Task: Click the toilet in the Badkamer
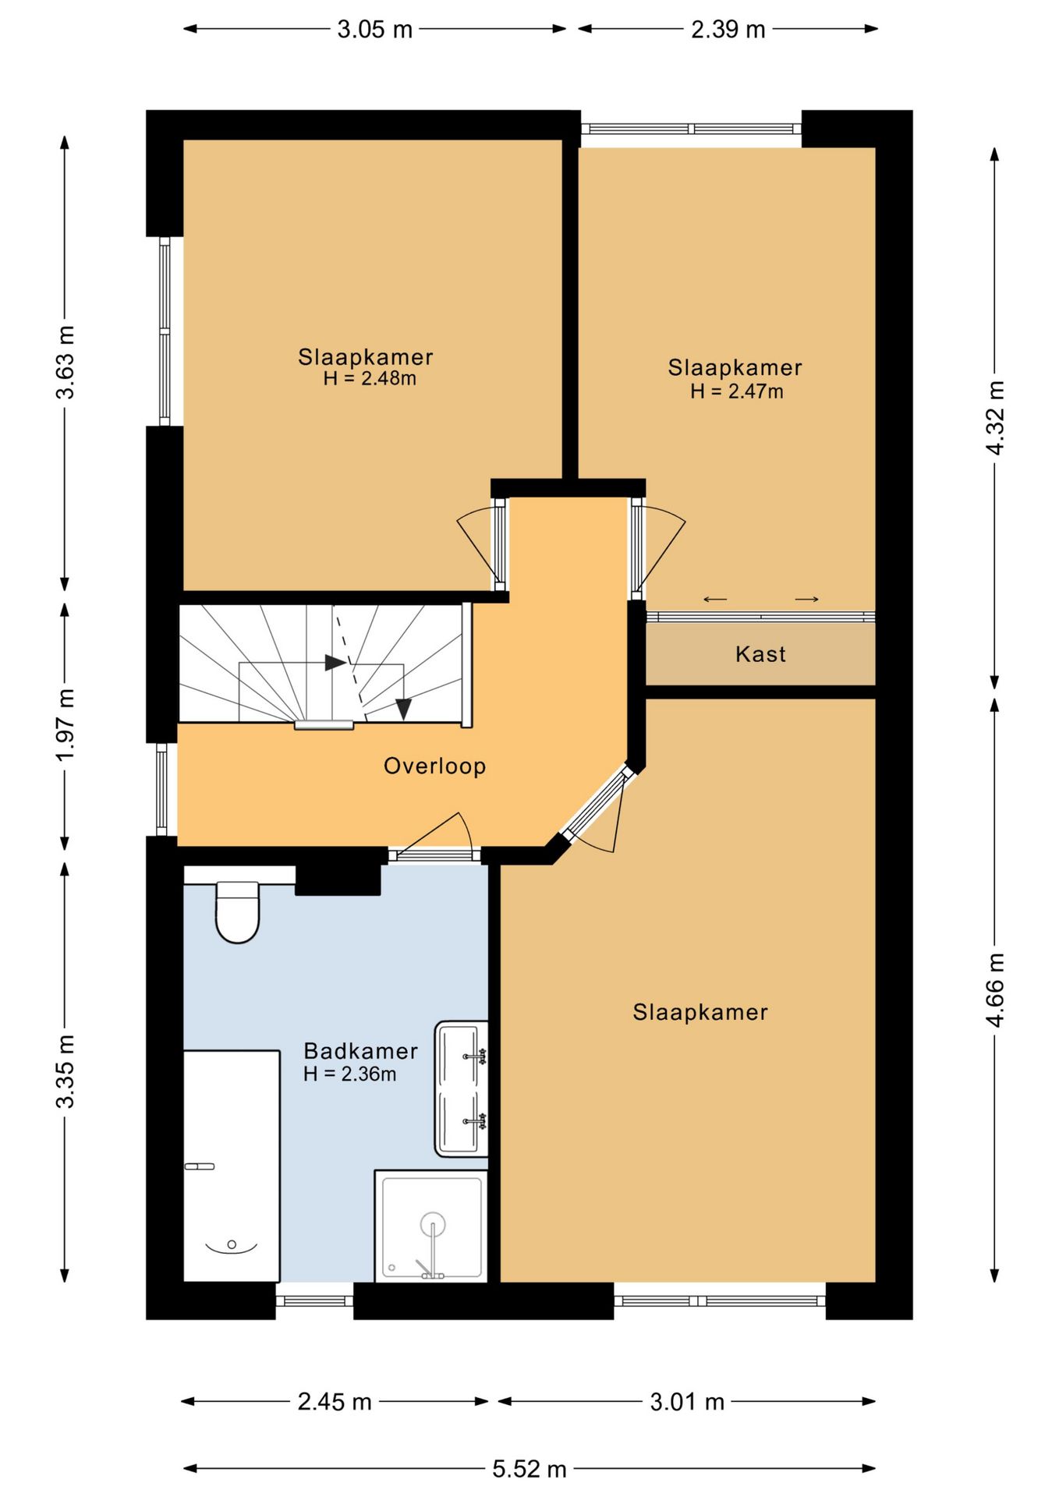point(237,911)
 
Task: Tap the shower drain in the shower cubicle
point(392,1268)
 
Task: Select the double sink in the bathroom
point(462,1088)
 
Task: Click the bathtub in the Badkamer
point(232,1166)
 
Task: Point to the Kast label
point(760,653)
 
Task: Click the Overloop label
point(434,766)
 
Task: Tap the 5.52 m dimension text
point(529,1469)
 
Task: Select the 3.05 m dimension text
point(374,30)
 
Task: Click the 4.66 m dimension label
point(995,989)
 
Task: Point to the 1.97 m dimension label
point(66,724)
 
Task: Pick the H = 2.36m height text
point(349,1074)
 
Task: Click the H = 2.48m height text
point(370,378)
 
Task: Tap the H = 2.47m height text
point(736,391)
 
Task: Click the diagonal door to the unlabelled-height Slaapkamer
point(597,807)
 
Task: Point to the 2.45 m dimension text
point(335,1402)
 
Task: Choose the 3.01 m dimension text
point(687,1402)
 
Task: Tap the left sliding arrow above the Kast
point(715,599)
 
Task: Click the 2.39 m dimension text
point(728,30)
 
